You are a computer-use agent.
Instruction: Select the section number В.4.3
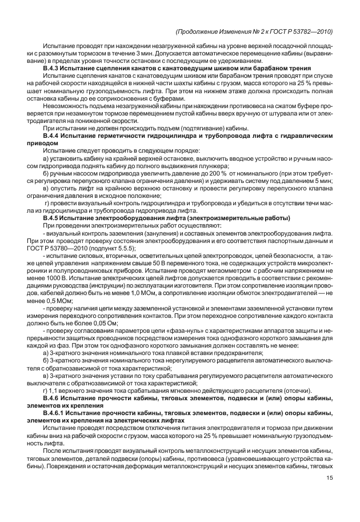click(x=53, y=68)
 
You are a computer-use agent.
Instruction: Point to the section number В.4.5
click(x=53, y=218)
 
